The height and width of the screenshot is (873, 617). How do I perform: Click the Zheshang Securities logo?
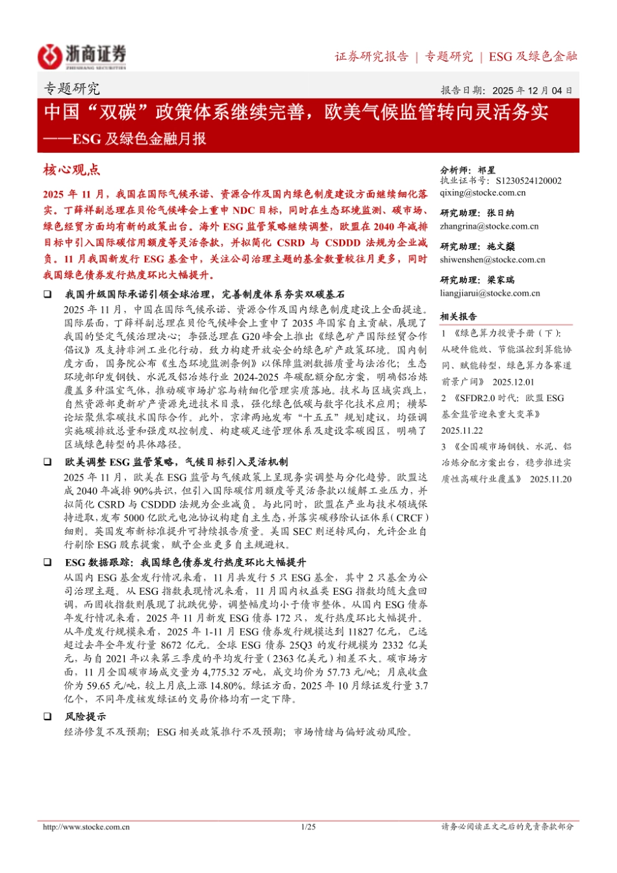tap(82, 56)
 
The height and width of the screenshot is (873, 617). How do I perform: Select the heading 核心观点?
tap(71, 170)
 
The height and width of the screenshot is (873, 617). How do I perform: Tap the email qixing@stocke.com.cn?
tap(483, 193)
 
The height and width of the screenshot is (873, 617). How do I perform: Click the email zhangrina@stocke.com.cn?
tap(489, 226)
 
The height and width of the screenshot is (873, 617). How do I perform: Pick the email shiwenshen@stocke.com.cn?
tap(492, 260)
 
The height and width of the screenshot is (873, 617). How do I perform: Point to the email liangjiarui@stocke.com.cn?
tap(490, 293)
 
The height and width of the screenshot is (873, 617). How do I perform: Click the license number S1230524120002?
tap(528, 181)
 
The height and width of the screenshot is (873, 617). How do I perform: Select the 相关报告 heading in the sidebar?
tap(459, 317)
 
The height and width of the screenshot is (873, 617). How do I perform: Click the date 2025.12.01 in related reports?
tap(513, 382)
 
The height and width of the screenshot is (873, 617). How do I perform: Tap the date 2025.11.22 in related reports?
tap(462, 430)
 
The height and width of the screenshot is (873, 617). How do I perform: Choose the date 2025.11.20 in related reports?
tap(551, 479)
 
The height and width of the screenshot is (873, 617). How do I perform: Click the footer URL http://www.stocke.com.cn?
tap(86, 827)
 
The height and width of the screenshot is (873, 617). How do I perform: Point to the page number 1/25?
tap(308, 827)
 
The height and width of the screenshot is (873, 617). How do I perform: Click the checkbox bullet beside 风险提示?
tap(47, 716)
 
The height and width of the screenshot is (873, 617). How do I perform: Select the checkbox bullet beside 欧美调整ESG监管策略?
tap(47, 462)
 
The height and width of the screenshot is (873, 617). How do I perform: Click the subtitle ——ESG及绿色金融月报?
tap(125, 138)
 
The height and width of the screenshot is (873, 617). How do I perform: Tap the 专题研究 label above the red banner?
tap(71, 89)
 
